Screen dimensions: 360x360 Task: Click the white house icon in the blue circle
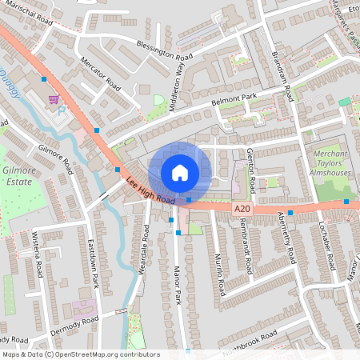180,172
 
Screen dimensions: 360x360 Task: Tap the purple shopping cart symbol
54,99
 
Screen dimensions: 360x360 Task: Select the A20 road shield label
244,208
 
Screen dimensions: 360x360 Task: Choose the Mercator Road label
99,74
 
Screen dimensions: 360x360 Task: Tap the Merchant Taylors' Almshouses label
330,162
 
